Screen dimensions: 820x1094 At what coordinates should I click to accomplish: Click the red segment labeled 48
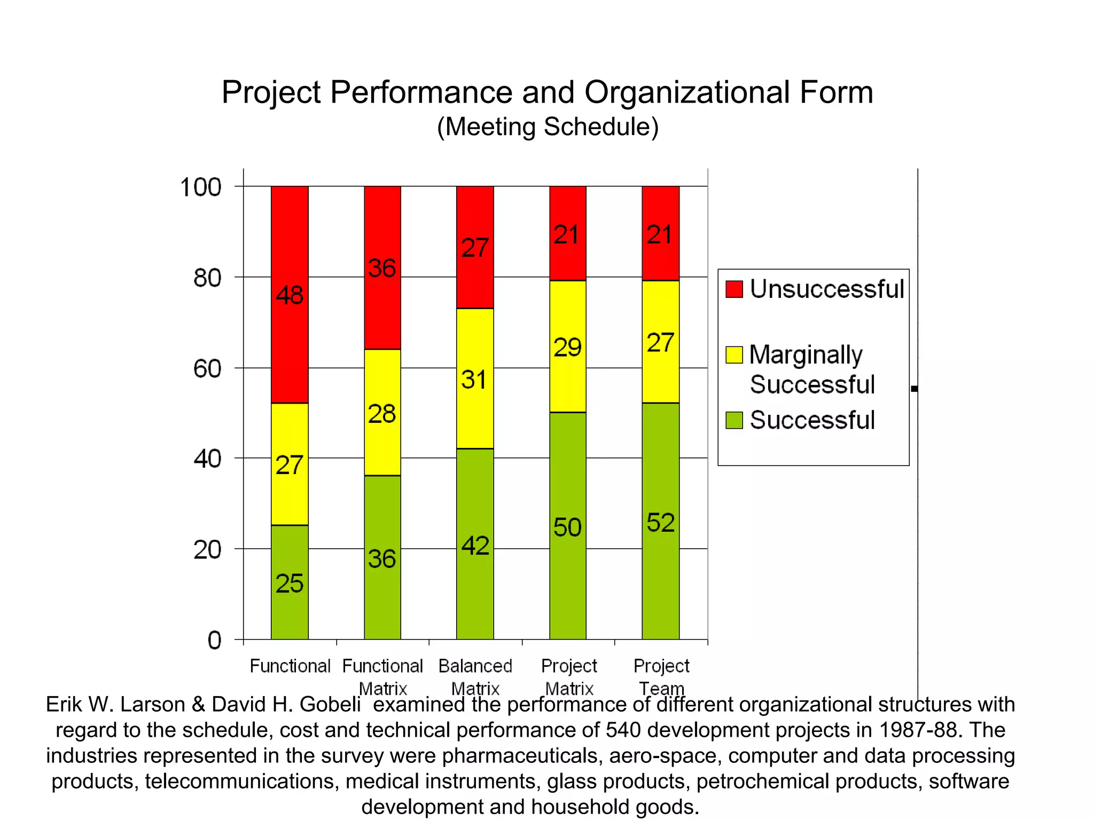coord(290,294)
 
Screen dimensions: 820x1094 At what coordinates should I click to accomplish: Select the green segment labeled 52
coord(660,521)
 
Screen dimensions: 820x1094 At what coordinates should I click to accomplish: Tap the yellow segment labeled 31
coord(474,379)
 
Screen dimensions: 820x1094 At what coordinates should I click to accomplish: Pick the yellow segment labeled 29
coord(567,346)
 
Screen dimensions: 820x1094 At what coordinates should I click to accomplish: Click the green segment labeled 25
coord(290,582)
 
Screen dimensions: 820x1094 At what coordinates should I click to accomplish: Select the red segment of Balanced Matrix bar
coord(474,247)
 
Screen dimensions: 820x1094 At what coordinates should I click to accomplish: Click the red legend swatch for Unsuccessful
coord(734,289)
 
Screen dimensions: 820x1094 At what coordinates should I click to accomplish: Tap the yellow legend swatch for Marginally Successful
coord(734,354)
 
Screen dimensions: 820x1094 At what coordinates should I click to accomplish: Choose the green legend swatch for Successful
coord(734,420)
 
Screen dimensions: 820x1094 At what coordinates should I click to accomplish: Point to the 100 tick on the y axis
coord(201,187)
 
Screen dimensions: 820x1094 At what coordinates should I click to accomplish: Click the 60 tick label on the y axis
coord(207,369)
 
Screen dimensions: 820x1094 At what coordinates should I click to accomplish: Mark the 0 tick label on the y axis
coord(214,640)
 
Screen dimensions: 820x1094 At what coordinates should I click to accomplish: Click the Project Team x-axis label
coord(661,676)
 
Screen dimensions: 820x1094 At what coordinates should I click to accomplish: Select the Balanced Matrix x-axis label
coord(475,676)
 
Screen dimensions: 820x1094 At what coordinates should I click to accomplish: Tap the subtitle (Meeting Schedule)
coord(548,127)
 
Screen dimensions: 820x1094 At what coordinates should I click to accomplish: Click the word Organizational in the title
coord(687,92)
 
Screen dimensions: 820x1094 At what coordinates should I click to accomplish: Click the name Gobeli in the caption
coord(330,704)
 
